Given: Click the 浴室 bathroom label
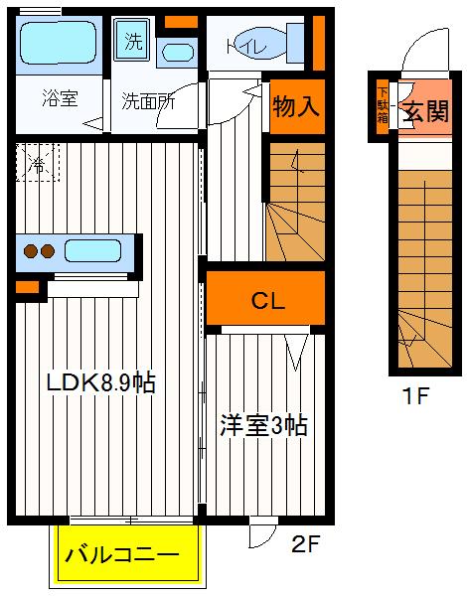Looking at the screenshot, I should (59, 98).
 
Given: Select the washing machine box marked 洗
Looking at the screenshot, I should (132, 42).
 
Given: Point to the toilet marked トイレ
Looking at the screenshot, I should (255, 45).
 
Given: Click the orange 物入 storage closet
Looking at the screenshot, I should (296, 106).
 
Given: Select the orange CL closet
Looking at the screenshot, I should (265, 299).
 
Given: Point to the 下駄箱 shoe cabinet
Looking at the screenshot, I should (383, 105).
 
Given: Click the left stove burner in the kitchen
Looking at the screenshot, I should (30, 251).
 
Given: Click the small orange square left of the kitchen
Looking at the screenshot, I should (27, 289).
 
